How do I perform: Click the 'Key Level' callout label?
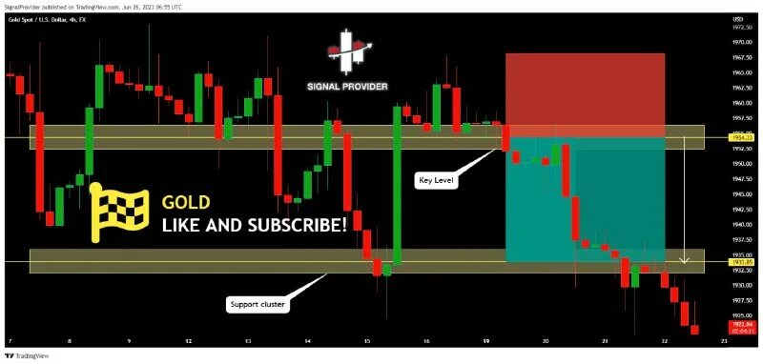click(x=436, y=179)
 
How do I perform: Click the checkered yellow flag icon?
click(x=119, y=212)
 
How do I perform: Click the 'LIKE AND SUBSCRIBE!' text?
click(x=254, y=226)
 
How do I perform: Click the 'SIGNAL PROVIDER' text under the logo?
click(x=347, y=86)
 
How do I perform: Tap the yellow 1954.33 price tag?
click(x=741, y=137)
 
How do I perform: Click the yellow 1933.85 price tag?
click(x=741, y=261)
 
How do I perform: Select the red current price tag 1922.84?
click(x=741, y=326)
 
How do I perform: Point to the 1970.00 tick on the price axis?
click(x=741, y=43)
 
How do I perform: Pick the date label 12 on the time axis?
click(x=189, y=340)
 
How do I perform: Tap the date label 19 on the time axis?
click(x=486, y=340)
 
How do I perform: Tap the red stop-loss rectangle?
click(x=585, y=95)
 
